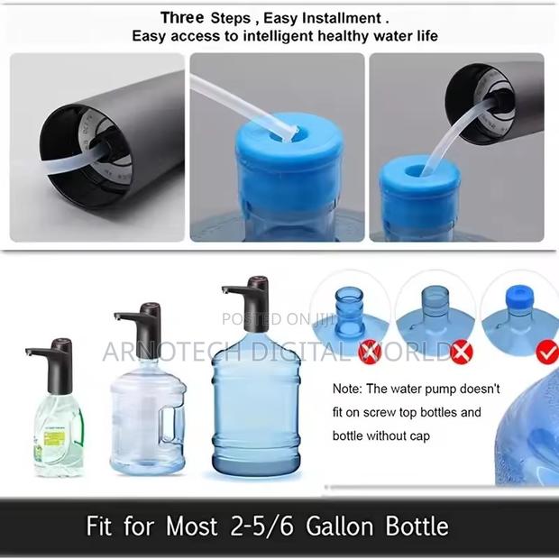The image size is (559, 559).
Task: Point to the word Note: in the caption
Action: (350, 390)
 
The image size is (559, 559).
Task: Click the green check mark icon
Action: (546, 352)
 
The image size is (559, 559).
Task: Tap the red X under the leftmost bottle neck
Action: (369, 351)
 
